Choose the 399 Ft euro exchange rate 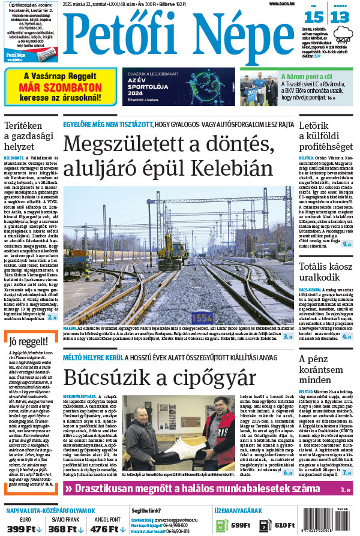tap(24, 529)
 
